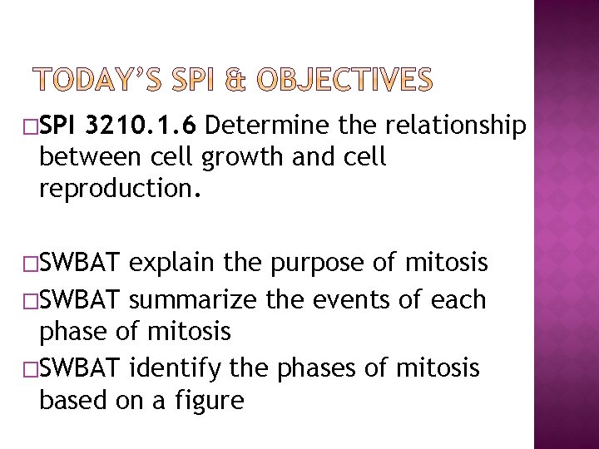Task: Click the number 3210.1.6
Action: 141,126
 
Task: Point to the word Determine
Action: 265,126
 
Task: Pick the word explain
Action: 166,264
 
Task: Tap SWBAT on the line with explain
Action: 82,264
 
